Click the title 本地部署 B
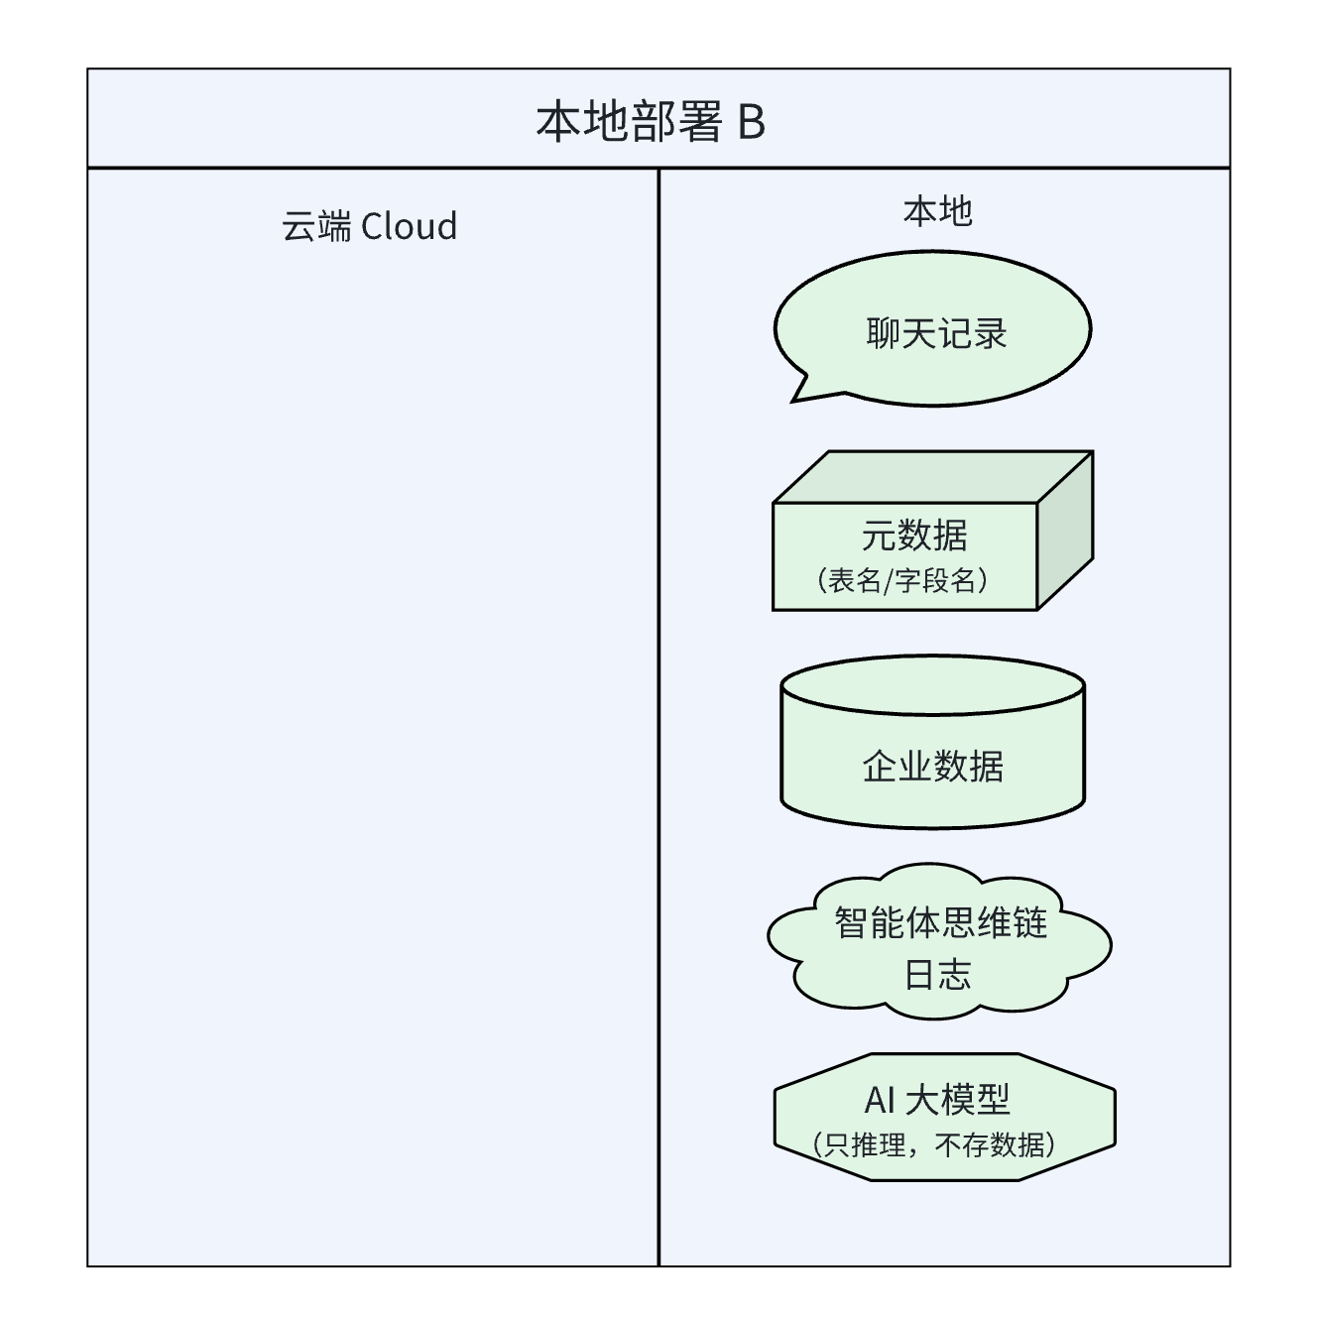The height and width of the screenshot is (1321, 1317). pyautogui.click(x=651, y=122)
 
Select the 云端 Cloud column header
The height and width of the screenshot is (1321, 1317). pyautogui.click(x=369, y=226)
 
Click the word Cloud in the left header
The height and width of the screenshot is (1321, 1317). pyautogui.click(x=409, y=226)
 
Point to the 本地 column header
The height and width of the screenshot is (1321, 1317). pyautogui.click(x=937, y=211)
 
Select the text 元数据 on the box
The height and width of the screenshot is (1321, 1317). pyautogui.click(x=913, y=536)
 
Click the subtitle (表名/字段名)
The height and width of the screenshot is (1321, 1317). pyautogui.click(x=902, y=580)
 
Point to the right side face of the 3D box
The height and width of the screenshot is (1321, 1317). pyautogui.click(x=1065, y=531)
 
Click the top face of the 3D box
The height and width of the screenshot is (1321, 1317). pyautogui.click(x=932, y=476)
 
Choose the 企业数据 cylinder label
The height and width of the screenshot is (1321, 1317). pyautogui.click(x=932, y=766)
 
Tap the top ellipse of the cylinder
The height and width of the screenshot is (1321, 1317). pyautogui.click(x=932, y=685)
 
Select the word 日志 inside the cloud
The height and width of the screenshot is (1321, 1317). pyautogui.click(x=937, y=975)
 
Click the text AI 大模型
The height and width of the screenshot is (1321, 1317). pyautogui.click(x=936, y=1099)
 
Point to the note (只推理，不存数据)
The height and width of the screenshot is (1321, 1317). pyautogui.click(x=933, y=1145)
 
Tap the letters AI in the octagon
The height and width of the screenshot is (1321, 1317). pyautogui.click(x=880, y=1100)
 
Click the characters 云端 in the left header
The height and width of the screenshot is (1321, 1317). pyautogui.click(x=316, y=226)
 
